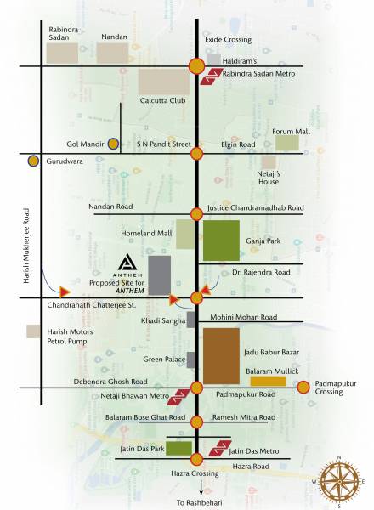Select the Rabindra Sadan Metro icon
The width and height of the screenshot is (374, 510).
coord(210,79)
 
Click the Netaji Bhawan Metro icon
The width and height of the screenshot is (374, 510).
coord(179,396)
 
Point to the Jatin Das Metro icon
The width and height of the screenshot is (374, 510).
coord(217,447)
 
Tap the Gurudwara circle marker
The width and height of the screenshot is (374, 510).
coord(33,160)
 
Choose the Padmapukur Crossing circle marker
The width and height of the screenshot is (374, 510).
coord(303,388)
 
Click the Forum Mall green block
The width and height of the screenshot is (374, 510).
coord(288,143)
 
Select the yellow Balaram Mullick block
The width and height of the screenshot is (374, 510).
coord(268,382)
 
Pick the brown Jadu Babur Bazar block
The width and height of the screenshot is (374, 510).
coord(221,354)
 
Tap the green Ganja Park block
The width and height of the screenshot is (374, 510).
coord(221,240)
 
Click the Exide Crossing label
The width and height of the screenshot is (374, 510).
coord(227,40)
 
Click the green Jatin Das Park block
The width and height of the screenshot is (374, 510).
coord(178,448)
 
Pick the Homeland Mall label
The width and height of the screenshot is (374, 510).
coord(149,232)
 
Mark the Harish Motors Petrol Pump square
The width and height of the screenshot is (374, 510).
coord(33,331)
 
